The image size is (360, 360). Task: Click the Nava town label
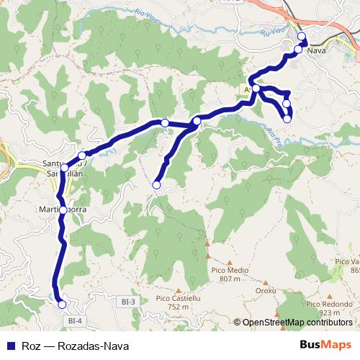pyautogui.click(x=317, y=51)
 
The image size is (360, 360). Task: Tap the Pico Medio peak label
pyautogui.click(x=229, y=270)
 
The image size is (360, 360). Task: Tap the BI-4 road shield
pyautogui.click(x=73, y=320)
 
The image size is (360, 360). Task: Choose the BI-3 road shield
pyautogui.click(x=130, y=303)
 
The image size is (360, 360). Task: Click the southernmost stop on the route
pyautogui.click(x=62, y=305)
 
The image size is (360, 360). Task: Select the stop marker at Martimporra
pyautogui.click(x=63, y=210)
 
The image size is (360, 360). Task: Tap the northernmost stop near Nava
pyautogui.click(x=301, y=37)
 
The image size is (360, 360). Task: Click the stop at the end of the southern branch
pyautogui.click(x=156, y=185)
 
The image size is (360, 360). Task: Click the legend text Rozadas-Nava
pyautogui.click(x=73, y=346)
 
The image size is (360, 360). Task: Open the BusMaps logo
pyautogui.click(x=325, y=345)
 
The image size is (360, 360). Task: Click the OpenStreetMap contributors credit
pyautogui.click(x=297, y=323)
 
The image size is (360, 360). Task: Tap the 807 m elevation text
pyautogui.click(x=229, y=279)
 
